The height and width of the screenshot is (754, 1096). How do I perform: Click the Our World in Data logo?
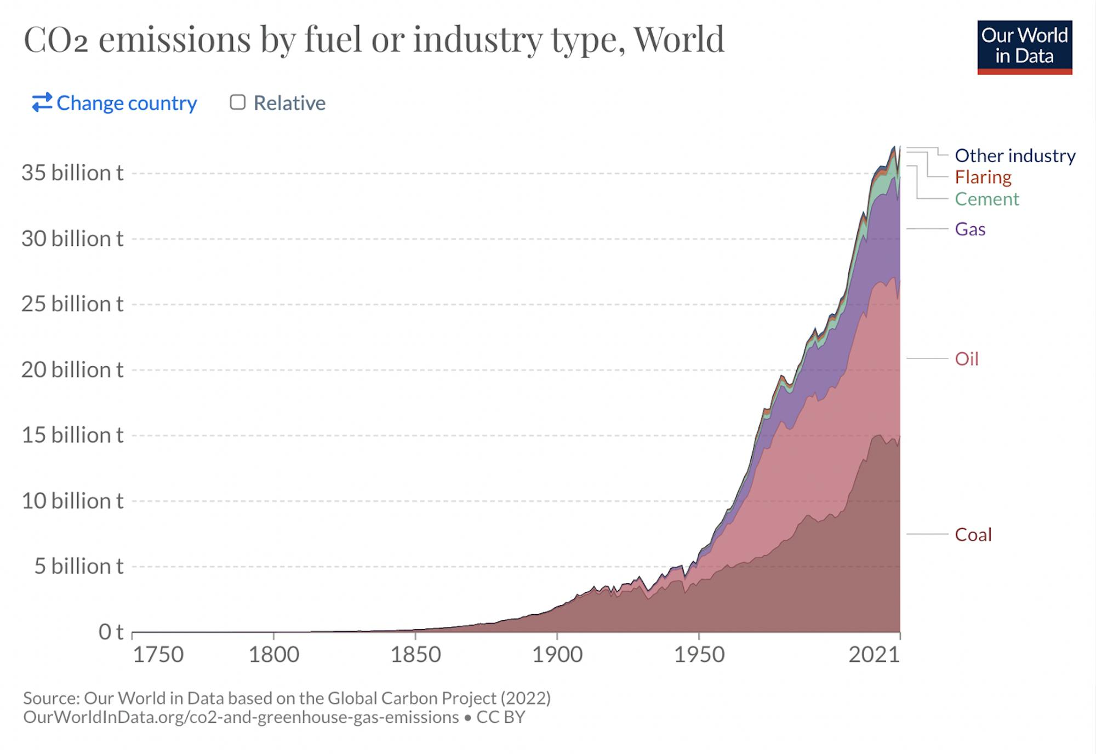tap(1024, 47)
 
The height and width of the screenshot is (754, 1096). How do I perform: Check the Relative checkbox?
tap(237, 102)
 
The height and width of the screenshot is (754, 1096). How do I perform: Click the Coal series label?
tap(973, 534)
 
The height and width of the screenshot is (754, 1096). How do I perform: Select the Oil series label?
tap(966, 359)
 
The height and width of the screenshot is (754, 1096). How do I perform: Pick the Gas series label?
tap(970, 229)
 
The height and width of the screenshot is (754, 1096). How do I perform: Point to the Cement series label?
tap(986, 199)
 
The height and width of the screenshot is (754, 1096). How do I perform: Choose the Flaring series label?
tap(983, 177)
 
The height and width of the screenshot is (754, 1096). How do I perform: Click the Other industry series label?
tap(1015, 156)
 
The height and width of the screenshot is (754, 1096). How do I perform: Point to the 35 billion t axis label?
tap(72, 173)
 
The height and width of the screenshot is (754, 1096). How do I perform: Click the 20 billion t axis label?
tap(72, 370)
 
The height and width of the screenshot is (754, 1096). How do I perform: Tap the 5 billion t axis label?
tap(79, 566)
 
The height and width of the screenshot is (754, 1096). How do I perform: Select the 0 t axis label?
tap(111, 632)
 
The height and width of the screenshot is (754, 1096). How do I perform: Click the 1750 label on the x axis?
tap(158, 655)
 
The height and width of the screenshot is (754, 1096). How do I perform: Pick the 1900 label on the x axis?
tap(557, 655)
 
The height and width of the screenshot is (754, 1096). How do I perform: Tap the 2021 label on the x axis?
tap(874, 655)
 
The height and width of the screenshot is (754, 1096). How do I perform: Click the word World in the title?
tap(679, 39)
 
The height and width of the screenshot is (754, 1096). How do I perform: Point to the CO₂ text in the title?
tap(55, 39)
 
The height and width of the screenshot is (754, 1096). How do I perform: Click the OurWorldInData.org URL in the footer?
tap(241, 717)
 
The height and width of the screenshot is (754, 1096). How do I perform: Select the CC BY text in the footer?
tap(500, 717)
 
